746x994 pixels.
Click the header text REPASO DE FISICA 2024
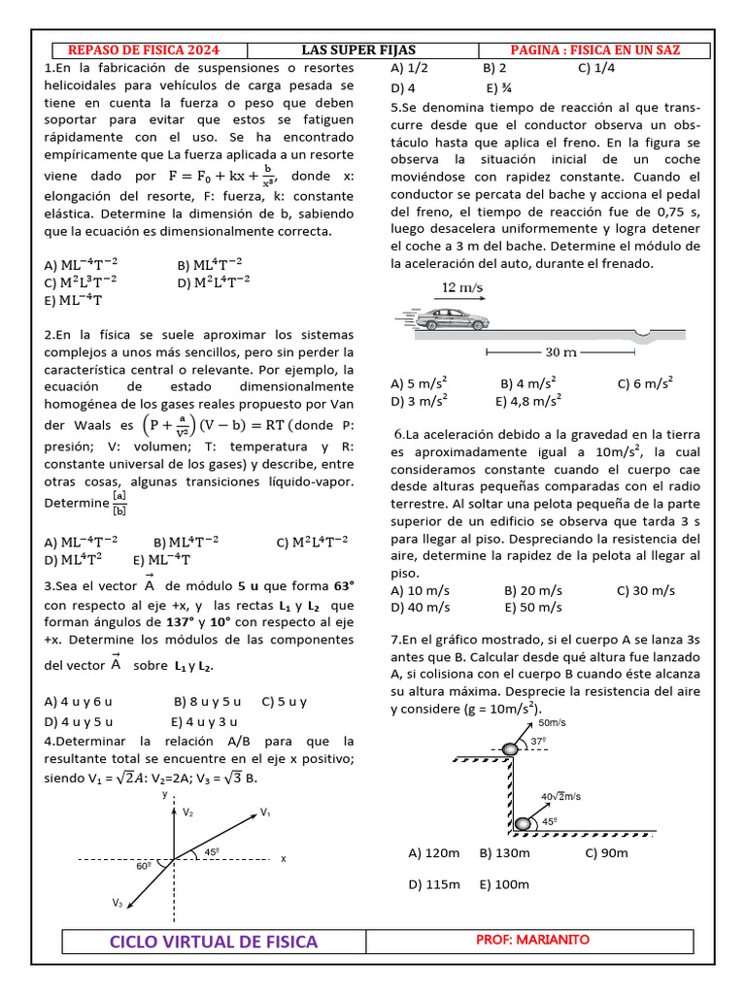click(x=143, y=50)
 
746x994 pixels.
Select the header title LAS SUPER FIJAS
click(x=358, y=50)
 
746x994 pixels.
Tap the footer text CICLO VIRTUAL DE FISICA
click(x=214, y=942)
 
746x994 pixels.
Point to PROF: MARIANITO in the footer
click(x=532, y=940)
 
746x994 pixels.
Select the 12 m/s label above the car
click(x=462, y=288)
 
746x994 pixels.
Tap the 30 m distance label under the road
click(x=561, y=351)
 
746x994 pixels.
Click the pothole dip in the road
click(x=642, y=336)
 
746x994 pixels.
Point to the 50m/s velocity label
click(x=552, y=723)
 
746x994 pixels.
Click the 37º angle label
click(x=538, y=742)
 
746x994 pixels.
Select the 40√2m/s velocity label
click(x=560, y=796)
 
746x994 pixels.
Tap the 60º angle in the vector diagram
click(x=144, y=865)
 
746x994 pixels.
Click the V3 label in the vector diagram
click(x=117, y=903)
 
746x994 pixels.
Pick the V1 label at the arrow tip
click(x=265, y=812)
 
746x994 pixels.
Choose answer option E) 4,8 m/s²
click(x=528, y=400)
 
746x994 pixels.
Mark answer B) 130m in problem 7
click(x=504, y=853)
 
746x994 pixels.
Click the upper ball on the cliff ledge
click(x=511, y=749)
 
